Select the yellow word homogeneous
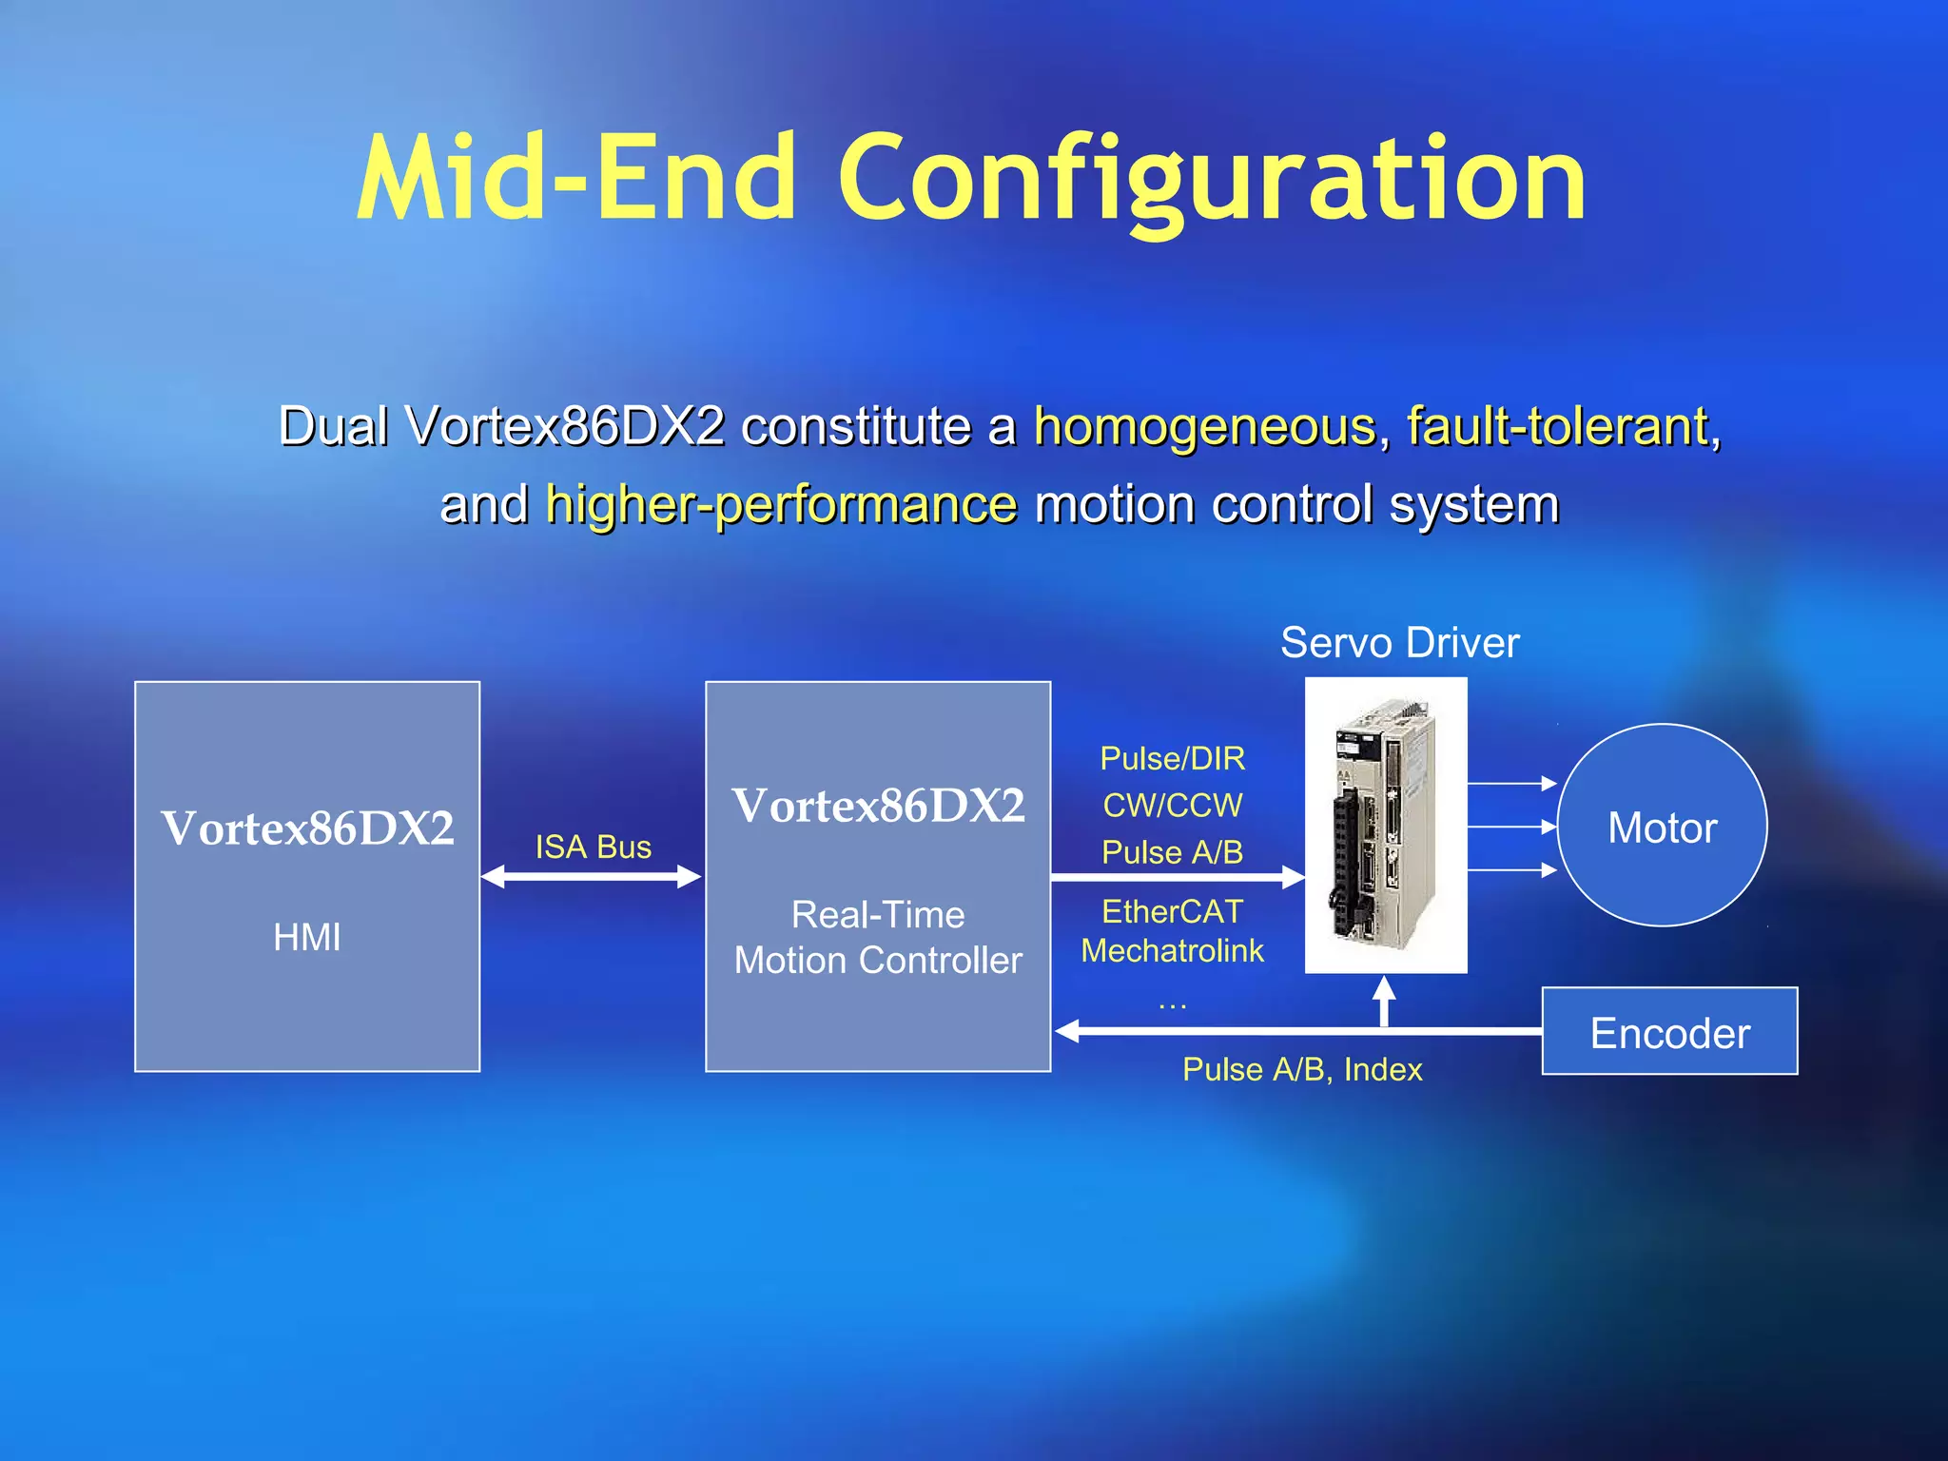point(1204,426)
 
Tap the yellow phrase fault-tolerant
point(1558,426)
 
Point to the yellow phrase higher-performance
point(781,504)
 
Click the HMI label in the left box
point(306,938)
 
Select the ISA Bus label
point(593,847)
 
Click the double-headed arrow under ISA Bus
point(592,877)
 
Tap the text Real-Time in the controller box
point(878,915)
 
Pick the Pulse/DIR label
point(1172,759)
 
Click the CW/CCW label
point(1172,806)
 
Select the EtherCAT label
point(1172,912)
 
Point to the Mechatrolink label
point(1172,951)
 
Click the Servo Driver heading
point(1399,643)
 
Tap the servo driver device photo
point(1385,825)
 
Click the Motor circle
point(1662,827)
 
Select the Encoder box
point(1669,1032)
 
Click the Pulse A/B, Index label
point(1301,1070)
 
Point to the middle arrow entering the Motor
point(1511,827)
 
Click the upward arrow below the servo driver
point(1385,1002)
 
